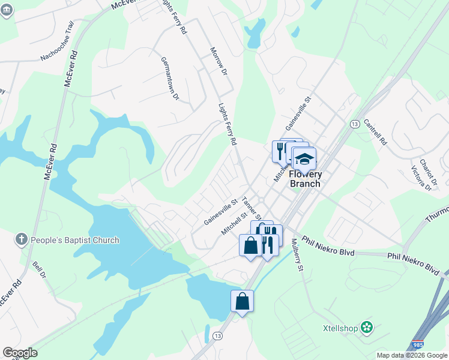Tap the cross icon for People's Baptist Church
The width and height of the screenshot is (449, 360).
point(22,240)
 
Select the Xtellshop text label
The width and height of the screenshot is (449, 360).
point(341,328)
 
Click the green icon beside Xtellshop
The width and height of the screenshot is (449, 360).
point(368,328)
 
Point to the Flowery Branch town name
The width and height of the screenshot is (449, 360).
point(306,179)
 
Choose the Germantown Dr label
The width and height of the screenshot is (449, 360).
point(170,78)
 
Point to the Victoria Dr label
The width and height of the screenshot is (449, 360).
point(420,176)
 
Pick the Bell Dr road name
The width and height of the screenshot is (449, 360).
point(40,269)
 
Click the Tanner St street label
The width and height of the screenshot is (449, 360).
point(252,208)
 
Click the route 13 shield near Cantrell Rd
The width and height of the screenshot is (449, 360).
point(355,124)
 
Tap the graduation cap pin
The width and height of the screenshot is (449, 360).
point(304,160)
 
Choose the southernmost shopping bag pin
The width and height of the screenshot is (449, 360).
point(242,301)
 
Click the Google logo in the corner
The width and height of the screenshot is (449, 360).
point(20,353)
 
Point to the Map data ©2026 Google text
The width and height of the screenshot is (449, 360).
point(412,355)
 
